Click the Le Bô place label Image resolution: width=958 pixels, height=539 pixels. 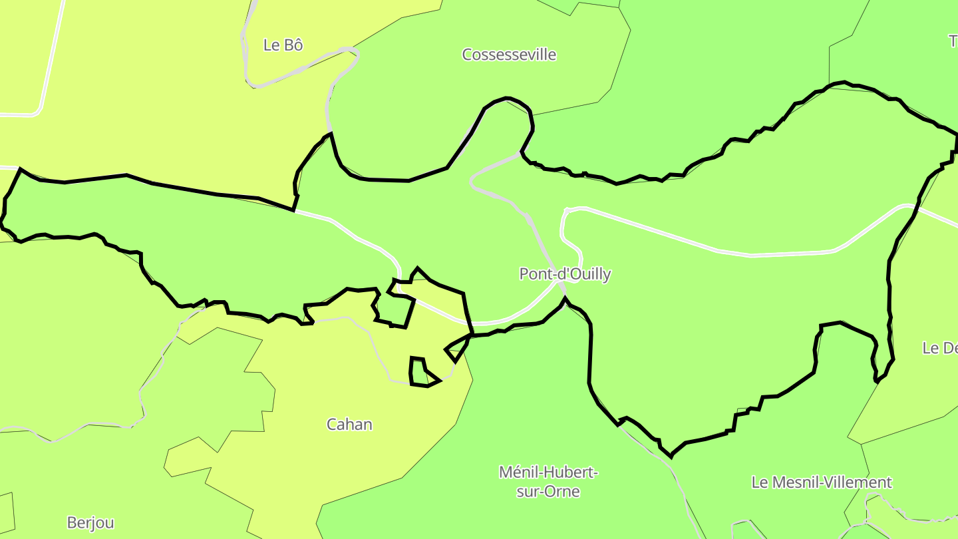pyautogui.click(x=283, y=45)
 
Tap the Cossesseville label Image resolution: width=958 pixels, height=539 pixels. pyautogui.click(x=509, y=55)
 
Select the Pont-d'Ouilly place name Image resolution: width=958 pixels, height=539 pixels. pyautogui.click(x=565, y=274)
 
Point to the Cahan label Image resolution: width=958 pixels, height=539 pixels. pyautogui.click(x=349, y=425)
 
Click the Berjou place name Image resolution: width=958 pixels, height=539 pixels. pyautogui.click(x=90, y=523)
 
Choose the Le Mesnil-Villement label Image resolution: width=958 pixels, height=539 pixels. pyautogui.click(x=822, y=482)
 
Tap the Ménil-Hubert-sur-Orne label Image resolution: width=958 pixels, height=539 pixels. pyautogui.click(x=549, y=482)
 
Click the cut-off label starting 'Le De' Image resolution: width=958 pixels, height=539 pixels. pyautogui.click(x=939, y=348)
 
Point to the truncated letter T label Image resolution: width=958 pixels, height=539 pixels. pyautogui.click(x=953, y=41)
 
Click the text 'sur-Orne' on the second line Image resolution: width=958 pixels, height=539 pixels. pyautogui.click(x=548, y=492)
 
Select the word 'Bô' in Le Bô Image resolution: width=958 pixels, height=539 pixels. pyautogui.click(x=293, y=45)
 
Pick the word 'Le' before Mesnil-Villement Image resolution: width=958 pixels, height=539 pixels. pyautogui.click(x=760, y=482)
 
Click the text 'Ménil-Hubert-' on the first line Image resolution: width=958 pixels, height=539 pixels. pyautogui.click(x=549, y=472)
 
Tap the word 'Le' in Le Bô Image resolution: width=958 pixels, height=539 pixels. pyautogui.click(x=271, y=45)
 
